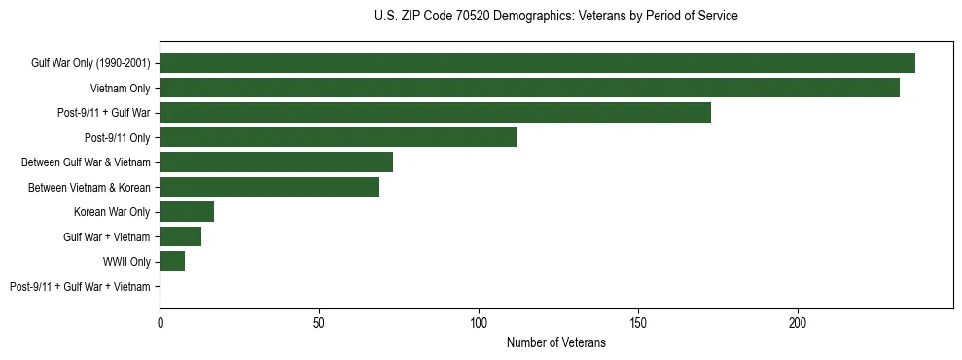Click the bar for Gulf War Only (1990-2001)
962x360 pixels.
537,63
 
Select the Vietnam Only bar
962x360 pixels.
529,88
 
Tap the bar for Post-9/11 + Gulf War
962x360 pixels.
435,113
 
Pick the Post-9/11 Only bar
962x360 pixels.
338,137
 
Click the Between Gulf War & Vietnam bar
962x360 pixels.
276,162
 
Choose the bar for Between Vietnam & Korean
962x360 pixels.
269,187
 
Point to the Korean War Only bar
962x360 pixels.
187,212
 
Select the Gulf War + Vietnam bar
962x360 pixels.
180,236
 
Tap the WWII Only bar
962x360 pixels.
172,262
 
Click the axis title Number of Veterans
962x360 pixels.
555,342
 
